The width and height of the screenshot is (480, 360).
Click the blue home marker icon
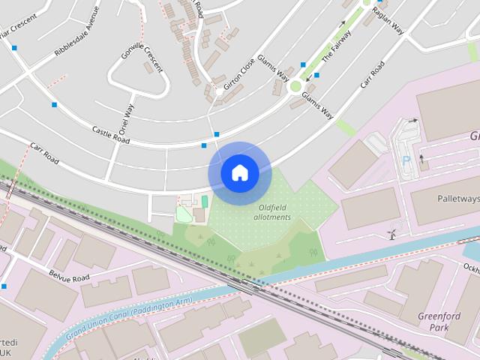click(239, 173)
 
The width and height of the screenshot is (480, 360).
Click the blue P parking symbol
click(406, 161)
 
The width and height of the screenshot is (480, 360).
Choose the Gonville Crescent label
click(141, 57)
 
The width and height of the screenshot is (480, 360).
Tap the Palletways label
click(457, 199)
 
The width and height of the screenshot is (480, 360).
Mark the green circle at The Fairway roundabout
click(295, 86)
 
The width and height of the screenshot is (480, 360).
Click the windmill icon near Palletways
click(391, 233)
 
